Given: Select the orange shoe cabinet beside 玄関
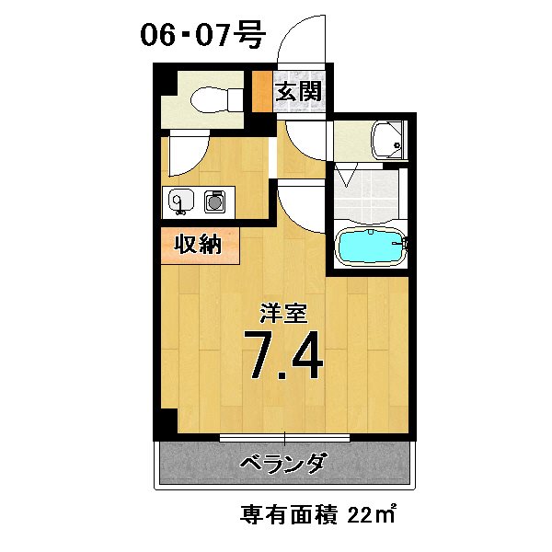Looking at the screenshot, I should pyautogui.click(x=262, y=91).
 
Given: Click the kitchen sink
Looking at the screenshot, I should pyautogui.click(x=179, y=200).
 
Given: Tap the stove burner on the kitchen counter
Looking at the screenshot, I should pyautogui.click(x=215, y=200).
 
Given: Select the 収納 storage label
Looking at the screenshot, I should pyautogui.click(x=198, y=246).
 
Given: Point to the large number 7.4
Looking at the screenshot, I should pyautogui.click(x=282, y=356).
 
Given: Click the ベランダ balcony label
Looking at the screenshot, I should pyautogui.click(x=282, y=463).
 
